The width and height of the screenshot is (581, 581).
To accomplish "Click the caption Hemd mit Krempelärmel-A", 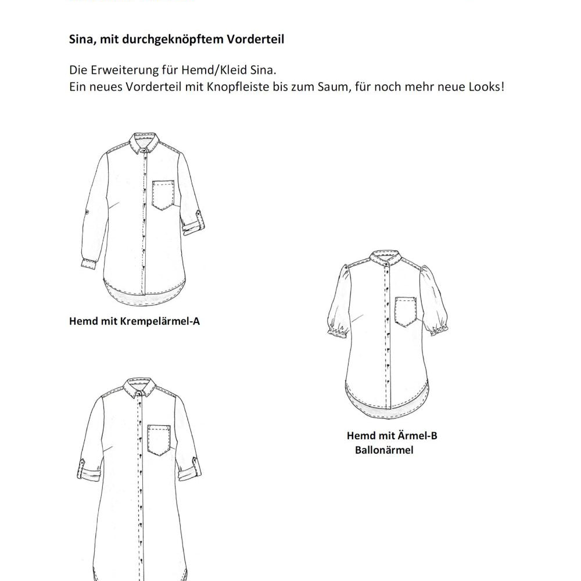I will point(134,321).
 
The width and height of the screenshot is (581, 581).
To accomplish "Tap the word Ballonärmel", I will point(384,450).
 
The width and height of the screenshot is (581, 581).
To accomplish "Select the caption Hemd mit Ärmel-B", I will point(392,436).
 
